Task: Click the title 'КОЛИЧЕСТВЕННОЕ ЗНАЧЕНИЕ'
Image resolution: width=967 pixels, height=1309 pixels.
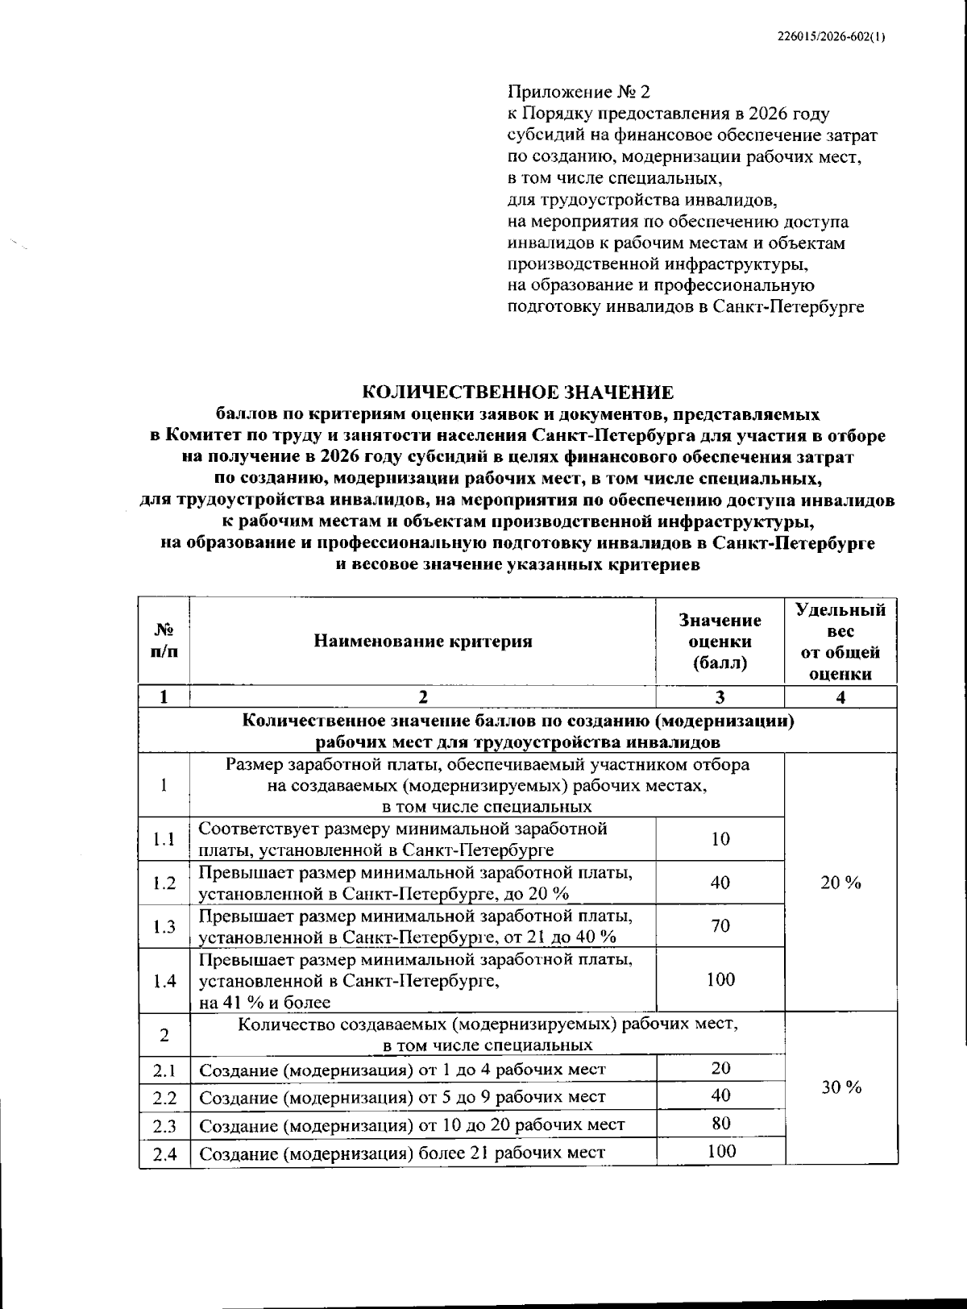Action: click(517, 393)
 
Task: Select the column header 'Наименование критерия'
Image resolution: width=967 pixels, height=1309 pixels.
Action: click(423, 642)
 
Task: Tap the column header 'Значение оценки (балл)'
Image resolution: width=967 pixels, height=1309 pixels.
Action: click(720, 642)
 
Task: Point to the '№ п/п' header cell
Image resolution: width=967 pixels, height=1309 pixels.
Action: click(164, 642)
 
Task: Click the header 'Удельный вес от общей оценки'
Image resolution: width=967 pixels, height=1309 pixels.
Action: click(840, 642)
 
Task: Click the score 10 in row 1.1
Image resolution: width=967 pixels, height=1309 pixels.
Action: click(720, 839)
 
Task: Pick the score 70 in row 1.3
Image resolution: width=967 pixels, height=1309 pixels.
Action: click(720, 925)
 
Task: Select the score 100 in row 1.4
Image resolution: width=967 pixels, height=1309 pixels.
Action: click(720, 979)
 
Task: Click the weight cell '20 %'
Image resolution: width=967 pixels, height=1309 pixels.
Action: click(840, 883)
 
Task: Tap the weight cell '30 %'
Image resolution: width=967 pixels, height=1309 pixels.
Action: click(840, 1087)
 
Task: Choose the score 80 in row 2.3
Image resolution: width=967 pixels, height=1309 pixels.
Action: click(720, 1123)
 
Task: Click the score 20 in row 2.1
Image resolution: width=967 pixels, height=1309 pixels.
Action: click(720, 1068)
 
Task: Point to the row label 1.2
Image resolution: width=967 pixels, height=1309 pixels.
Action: click(164, 883)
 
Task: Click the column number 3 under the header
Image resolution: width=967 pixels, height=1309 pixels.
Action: click(720, 697)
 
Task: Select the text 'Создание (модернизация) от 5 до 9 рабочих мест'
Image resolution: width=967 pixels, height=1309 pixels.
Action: click(402, 1097)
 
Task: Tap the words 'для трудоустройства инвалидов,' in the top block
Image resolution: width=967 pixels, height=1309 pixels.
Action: click(642, 199)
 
